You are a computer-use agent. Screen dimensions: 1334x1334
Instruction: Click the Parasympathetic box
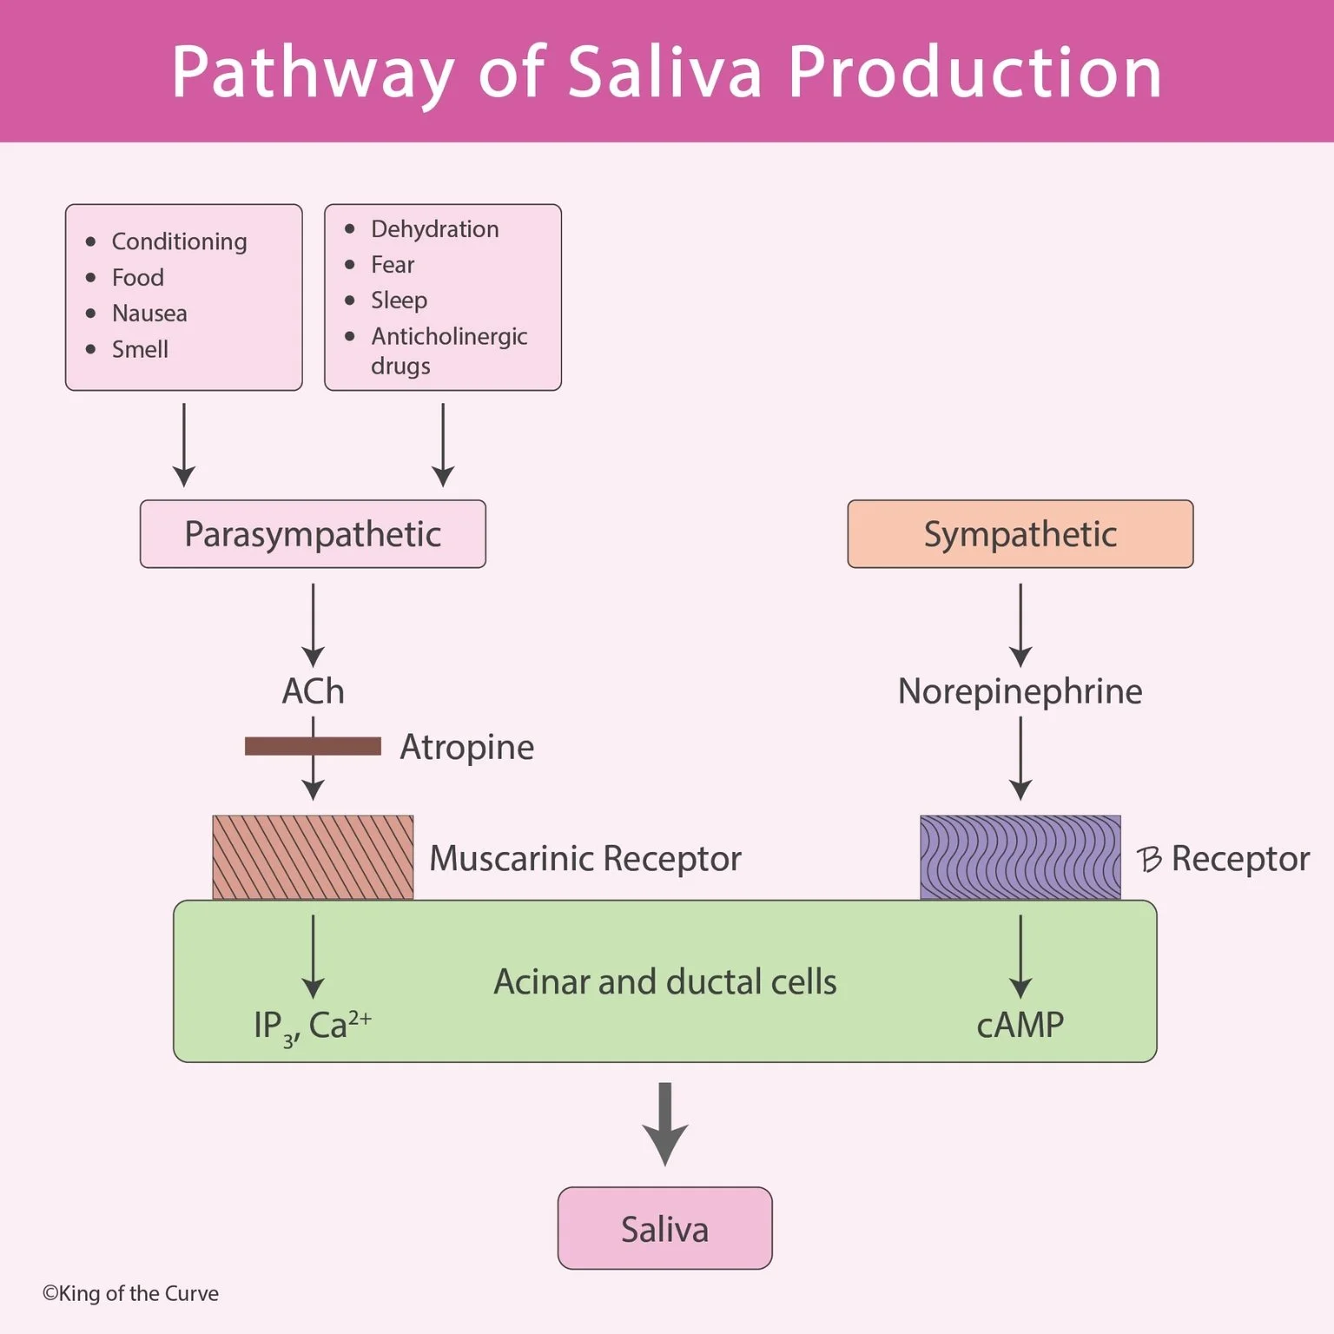click(313, 534)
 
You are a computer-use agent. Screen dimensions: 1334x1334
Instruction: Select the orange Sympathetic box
click(1020, 534)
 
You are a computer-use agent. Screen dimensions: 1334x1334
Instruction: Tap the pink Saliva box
click(664, 1228)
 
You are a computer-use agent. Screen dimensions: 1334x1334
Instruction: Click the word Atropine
click(466, 747)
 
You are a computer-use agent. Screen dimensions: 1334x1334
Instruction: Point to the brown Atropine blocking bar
click(269, 746)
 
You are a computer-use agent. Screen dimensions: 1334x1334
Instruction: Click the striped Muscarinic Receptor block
click(313, 857)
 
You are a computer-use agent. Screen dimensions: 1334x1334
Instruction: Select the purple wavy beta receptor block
click(1020, 857)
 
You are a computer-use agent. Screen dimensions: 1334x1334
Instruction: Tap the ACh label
click(313, 691)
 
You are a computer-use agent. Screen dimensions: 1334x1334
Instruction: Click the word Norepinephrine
click(1020, 691)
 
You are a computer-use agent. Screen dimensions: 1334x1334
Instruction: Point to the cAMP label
click(1020, 1025)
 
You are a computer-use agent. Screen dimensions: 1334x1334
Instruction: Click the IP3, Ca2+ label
click(313, 1026)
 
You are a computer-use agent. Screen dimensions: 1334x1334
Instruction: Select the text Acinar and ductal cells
click(664, 981)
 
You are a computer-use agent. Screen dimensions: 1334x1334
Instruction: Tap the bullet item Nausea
click(149, 314)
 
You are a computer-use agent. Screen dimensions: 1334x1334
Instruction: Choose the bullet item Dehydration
click(434, 229)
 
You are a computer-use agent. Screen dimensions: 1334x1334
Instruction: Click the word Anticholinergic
click(449, 336)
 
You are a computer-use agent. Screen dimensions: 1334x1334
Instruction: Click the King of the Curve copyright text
click(130, 1293)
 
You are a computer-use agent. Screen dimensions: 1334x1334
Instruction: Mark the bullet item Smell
click(140, 349)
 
